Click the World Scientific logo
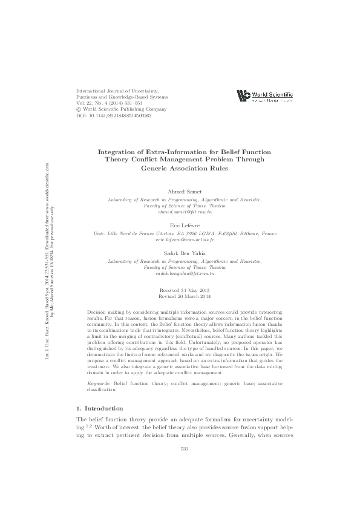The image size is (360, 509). coord(264,96)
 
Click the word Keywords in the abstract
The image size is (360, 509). coord(99,350)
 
